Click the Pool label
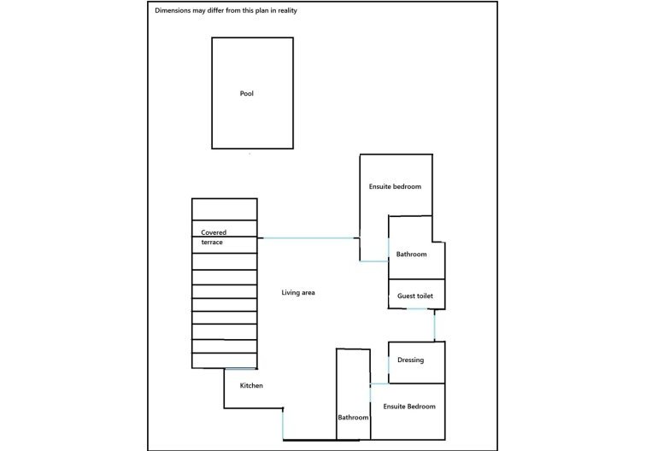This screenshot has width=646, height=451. (246, 93)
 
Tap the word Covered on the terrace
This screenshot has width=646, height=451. (214, 232)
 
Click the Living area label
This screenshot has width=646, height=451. (298, 292)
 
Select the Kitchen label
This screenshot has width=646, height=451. (251, 385)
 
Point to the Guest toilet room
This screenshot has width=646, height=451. (416, 294)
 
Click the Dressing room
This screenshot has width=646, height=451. (416, 362)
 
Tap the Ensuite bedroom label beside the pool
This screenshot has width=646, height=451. (395, 186)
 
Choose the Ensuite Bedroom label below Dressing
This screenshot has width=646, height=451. (409, 407)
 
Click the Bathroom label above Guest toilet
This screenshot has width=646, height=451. (411, 255)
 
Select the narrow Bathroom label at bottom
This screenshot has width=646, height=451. (353, 417)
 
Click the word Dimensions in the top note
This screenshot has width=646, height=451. (173, 10)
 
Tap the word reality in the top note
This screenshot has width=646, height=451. (287, 11)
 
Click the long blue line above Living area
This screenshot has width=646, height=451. (308, 238)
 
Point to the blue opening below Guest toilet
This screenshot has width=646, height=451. (416, 308)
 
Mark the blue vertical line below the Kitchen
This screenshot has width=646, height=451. (283, 425)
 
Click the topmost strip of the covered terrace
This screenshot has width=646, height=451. (225, 209)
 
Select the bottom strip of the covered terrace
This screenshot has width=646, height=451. (225, 360)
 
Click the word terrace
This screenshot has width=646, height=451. (212, 243)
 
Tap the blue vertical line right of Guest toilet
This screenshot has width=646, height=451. (434, 325)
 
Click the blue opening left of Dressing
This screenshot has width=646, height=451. (389, 363)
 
